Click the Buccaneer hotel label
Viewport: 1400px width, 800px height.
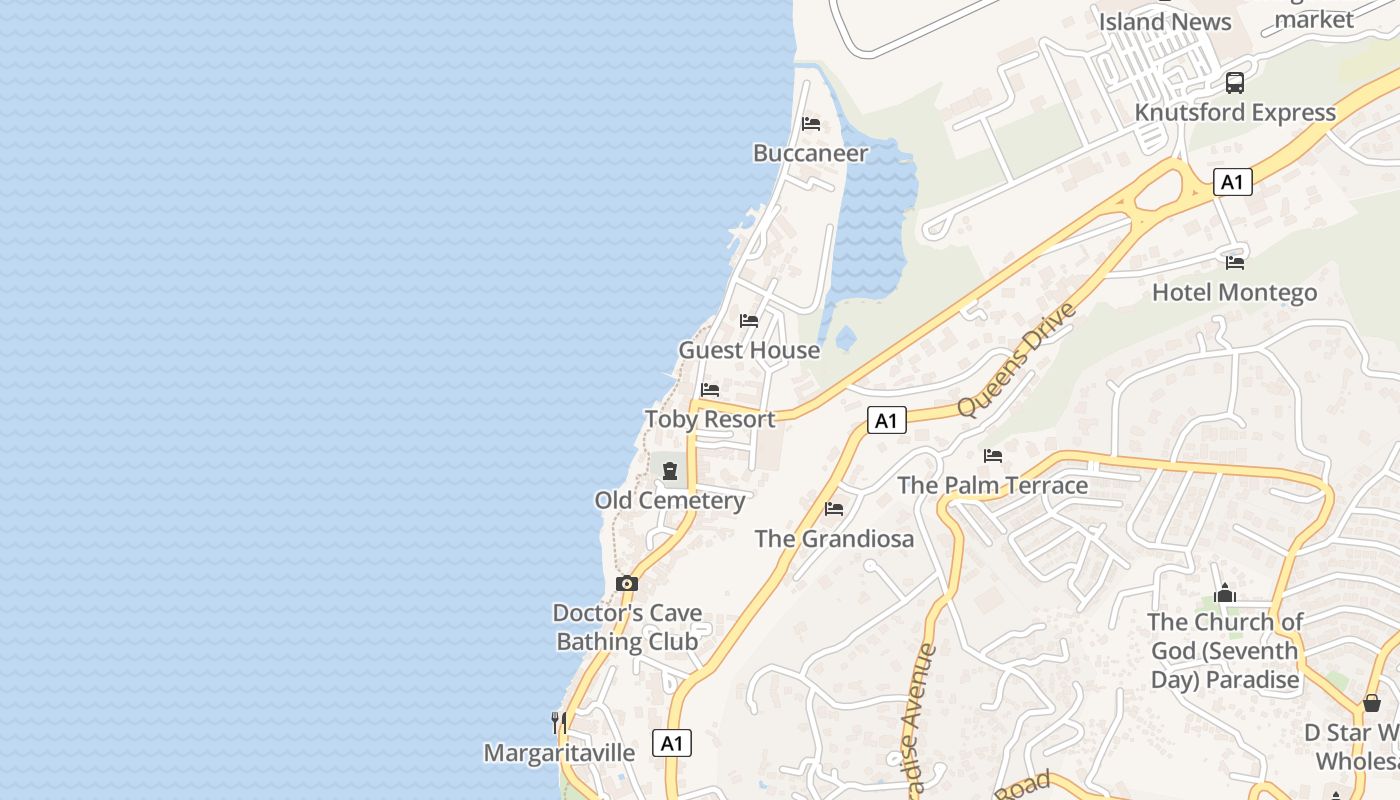coord(810,153)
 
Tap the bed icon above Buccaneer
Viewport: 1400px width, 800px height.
coord(811,124)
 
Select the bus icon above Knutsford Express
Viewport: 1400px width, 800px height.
coord(1235,83)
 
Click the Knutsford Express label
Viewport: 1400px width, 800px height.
coord(1235,112)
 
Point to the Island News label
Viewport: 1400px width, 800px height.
coord(1165,21)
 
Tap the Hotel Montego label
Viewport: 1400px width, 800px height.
coord(1234,292)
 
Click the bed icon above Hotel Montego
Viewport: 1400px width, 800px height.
coord(1235,263)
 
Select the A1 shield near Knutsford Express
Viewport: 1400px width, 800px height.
coord(1232,182)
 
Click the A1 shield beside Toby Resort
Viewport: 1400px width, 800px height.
coord(886,420)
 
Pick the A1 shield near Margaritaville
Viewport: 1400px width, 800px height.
coord(672,743)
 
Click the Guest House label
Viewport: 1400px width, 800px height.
coord(749,350)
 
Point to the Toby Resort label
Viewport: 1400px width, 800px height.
coord(710,419)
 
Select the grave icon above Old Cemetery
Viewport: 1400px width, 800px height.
coord(670,471)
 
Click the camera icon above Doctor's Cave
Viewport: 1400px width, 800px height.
coord(627,584)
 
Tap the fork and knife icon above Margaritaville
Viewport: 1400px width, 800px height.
coord(559,722)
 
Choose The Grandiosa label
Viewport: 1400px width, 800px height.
coord(834,539)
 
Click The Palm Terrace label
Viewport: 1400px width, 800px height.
coord(992,485)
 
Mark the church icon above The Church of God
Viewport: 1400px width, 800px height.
coord(1225,594)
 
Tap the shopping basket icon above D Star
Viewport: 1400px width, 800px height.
coord(1372,704)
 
